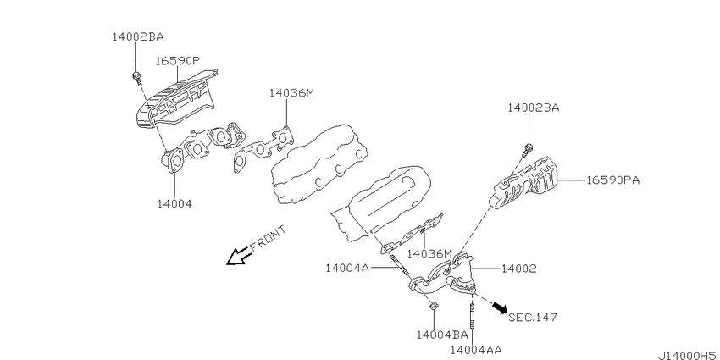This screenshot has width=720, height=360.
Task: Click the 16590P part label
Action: (x=178, y=61)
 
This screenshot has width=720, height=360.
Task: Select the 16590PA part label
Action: (x=612, y=180)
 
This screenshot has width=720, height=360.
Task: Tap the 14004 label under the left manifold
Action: (x=174, y=203)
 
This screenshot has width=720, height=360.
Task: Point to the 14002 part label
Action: (x=518, y=269)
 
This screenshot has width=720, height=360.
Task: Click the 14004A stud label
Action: (x=347, y=267)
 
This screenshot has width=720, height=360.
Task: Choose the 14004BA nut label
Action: (x=441, y=335)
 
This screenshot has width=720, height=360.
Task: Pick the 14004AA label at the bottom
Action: (x=476, y=350)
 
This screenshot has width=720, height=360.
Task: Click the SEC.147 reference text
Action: (x=533, y=317)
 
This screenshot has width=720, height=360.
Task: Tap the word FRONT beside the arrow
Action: (x=268, y=238)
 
